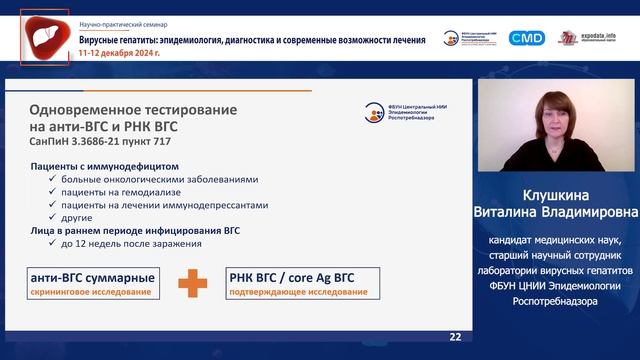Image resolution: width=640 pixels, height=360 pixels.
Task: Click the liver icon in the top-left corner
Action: [45, 37]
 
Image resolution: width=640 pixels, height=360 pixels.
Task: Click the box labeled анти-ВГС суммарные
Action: [92, 282]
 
